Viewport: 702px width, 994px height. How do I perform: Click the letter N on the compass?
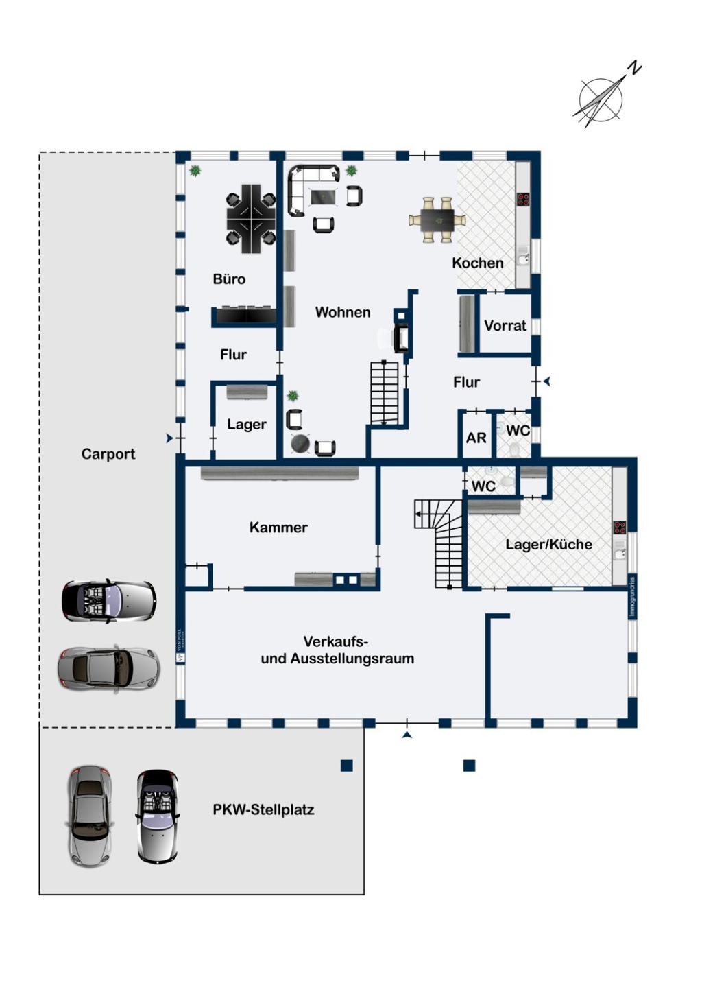(x=636, y=68)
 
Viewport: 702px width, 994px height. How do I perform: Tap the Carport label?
(x=108, y=454)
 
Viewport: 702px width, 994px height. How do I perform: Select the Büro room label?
(x=229, y=279)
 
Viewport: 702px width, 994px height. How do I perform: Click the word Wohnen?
(x=343, y=312)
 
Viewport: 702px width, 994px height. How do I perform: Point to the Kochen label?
(x=478, y=263)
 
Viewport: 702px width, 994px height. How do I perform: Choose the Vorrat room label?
(x=505, y=326)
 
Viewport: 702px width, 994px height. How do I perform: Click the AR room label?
(x=476, y=438)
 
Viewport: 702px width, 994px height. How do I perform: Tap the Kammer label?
(x=278, y=528)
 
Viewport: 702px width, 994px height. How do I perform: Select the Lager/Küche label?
(x=548, y=545)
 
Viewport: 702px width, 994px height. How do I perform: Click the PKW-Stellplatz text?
(x=263, y=809)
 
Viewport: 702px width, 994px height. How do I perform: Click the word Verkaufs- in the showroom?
(x=336, y=642)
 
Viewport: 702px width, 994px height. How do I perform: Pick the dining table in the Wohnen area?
(x=437, y=220)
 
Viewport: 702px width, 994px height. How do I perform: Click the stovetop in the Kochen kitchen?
(x=524, y=200)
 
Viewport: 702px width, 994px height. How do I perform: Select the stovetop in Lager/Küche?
(x=620, y=528)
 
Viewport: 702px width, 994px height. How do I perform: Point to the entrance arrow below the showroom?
(x=407, y=735)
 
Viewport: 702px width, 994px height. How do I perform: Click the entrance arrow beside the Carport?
(x=169, y=438)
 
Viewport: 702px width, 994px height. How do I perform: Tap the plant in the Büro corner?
(x=196, y=170)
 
